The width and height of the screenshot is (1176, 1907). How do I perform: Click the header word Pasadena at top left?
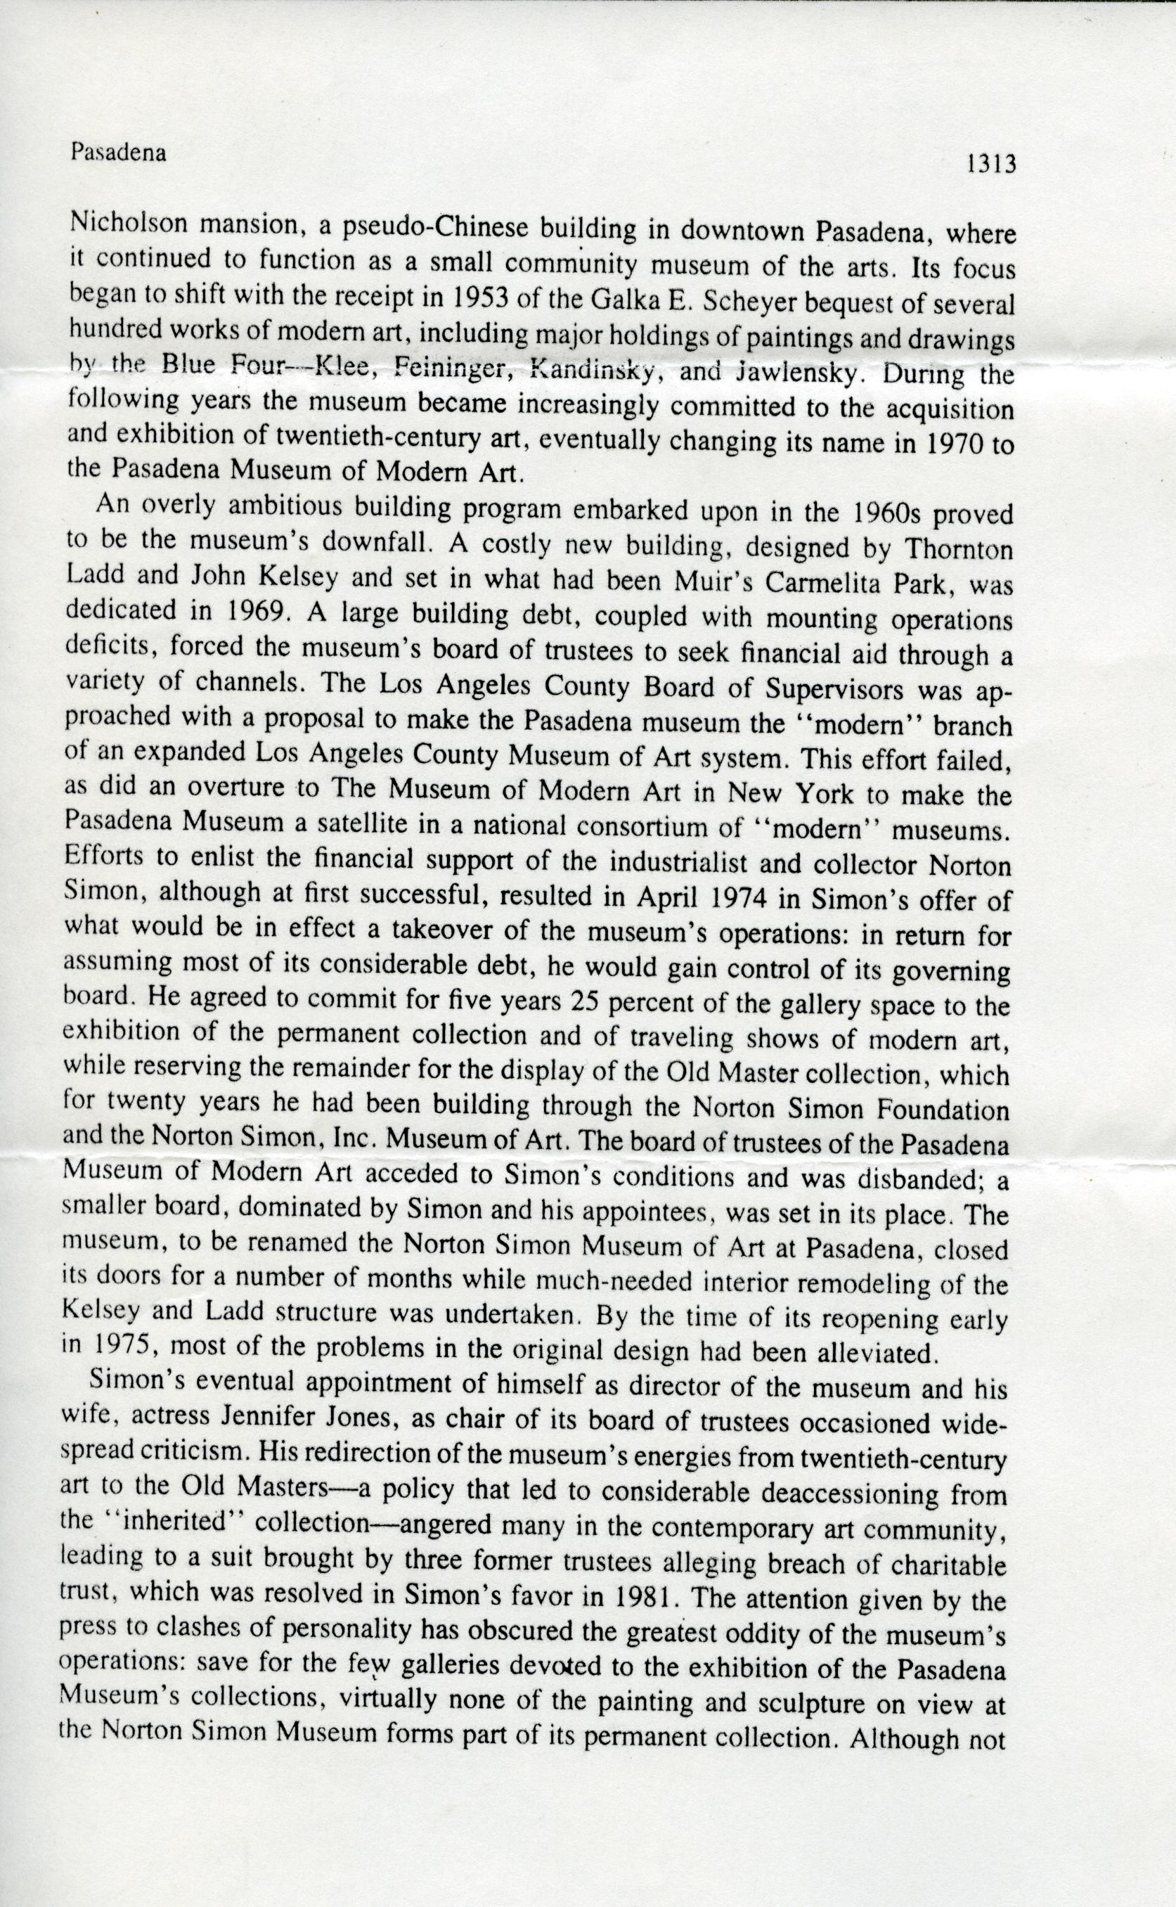pos(118,153)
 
